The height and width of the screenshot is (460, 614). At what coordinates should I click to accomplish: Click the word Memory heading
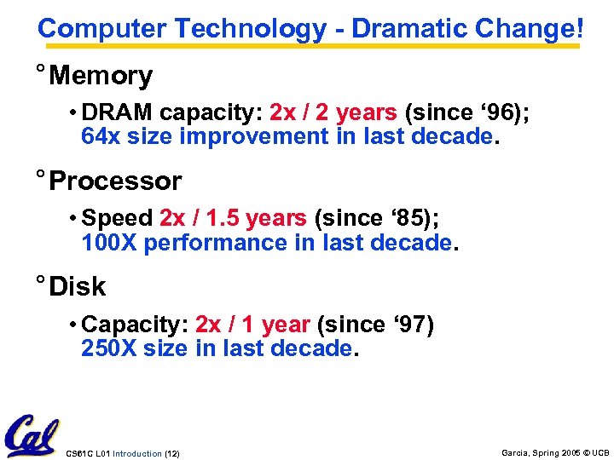click(101, 76)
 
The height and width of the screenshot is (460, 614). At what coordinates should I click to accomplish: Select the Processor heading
click(115, 181)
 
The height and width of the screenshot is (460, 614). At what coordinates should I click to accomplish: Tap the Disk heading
click(78, 287)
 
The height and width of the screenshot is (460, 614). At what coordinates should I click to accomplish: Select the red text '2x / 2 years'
click(333, 112)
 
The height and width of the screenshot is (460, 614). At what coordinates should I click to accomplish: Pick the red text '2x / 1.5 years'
click(232, 219)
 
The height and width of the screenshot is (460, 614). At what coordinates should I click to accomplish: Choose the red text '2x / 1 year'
click(252, 325)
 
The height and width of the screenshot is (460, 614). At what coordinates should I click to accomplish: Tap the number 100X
click(109, 243)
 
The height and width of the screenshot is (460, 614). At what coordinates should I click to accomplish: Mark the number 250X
click(109, 348)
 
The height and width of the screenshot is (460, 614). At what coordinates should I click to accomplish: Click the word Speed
click(118, 219)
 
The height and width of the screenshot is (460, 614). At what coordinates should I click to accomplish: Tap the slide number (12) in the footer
click(171, 454)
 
